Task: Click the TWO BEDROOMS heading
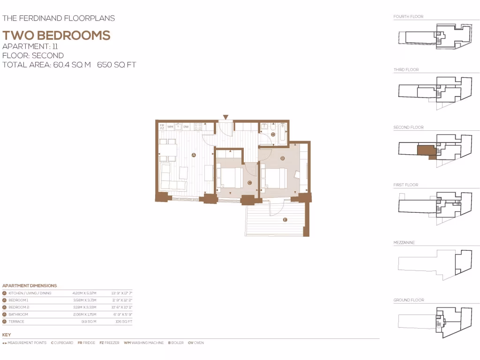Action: [x=56, y=36]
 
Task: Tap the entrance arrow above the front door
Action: [x=225, y=117]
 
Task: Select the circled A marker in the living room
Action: [x=194, y=154]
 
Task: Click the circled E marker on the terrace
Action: [x=285, y=220]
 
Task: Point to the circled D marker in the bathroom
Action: [x=273, y=135]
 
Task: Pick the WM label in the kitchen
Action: [x=170, y=127]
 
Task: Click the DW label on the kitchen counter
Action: [x=186, y=127]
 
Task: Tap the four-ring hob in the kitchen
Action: [x=198, y=127]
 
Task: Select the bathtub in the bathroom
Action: [x=282, y=133]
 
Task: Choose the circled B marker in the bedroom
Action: [x=282, y=158]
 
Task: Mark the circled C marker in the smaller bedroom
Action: [x=249, y=183]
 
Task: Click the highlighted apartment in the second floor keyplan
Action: [x=426, y=150]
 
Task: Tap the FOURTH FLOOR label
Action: [x=408, y=17]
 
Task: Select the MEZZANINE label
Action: [x=404, y=243]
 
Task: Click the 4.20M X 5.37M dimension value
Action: [x=84, y=293]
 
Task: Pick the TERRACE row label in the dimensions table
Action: [x=16, y=322]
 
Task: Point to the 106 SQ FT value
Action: [x=124, y=322]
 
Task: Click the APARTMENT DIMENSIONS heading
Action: [x=30, y=285]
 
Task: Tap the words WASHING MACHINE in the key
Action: [x=148, y=343]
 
